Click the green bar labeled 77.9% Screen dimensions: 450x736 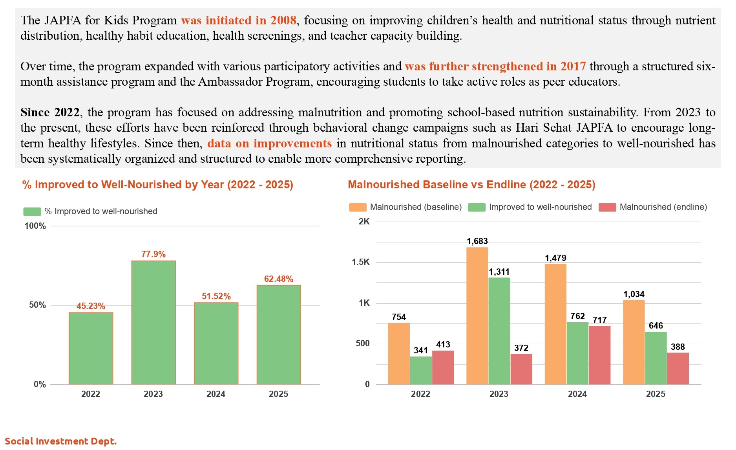(153, 322)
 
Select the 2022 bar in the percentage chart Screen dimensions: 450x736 (91, 348)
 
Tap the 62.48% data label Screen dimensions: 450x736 (278, 279)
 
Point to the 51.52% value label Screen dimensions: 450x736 (216, 296)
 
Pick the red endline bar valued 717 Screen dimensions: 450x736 (599, 355)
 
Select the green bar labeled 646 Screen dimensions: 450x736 (656, 358)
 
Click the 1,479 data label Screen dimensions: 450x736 (555, 258)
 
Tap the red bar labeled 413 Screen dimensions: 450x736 (443, 367)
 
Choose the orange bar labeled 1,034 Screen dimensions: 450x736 (634, 342)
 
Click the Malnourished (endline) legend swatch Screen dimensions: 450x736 (607, 208)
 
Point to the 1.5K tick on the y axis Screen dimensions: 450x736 (360, 262)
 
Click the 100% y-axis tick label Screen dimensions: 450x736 (35, 226)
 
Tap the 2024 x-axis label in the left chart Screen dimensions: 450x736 (216, 394)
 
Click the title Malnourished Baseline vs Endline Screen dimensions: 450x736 (471, 185)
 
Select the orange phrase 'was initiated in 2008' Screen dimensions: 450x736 (238, 20)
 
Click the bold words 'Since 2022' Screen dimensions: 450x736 (50, 112)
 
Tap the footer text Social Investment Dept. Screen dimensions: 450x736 (61, 441)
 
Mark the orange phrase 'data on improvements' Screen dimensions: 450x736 (269, 143)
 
